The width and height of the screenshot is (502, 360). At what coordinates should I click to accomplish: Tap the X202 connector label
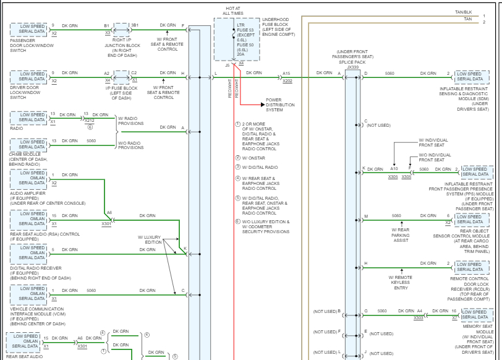[287, 81]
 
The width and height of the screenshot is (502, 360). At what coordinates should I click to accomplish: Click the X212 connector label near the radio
[90, 121]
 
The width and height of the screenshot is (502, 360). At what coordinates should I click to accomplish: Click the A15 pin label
[286, 73]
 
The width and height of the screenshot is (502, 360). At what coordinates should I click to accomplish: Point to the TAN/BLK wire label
[463, 12]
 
